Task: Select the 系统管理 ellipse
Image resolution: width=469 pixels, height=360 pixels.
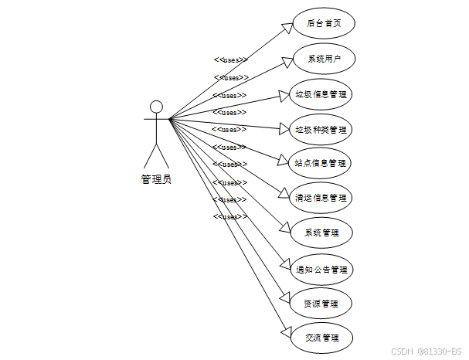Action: (321, 233)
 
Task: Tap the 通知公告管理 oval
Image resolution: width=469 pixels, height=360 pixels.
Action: (321, 270)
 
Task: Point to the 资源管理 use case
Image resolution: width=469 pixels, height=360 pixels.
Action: (321, 304)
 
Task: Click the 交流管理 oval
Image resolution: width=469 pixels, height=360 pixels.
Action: (321, 338)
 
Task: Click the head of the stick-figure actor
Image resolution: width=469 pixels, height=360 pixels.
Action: (156, 107)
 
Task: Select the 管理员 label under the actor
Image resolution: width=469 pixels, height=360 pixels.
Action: (156, 179)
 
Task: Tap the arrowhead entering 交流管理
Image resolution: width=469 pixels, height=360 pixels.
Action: (287, 333)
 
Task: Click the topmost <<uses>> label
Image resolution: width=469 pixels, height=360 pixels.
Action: (230, 59)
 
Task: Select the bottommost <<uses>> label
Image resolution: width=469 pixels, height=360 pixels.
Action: (230, 217)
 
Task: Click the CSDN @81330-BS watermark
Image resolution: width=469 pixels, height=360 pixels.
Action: (427, 351)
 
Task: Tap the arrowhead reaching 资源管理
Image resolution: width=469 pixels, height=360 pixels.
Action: (287, 300)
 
